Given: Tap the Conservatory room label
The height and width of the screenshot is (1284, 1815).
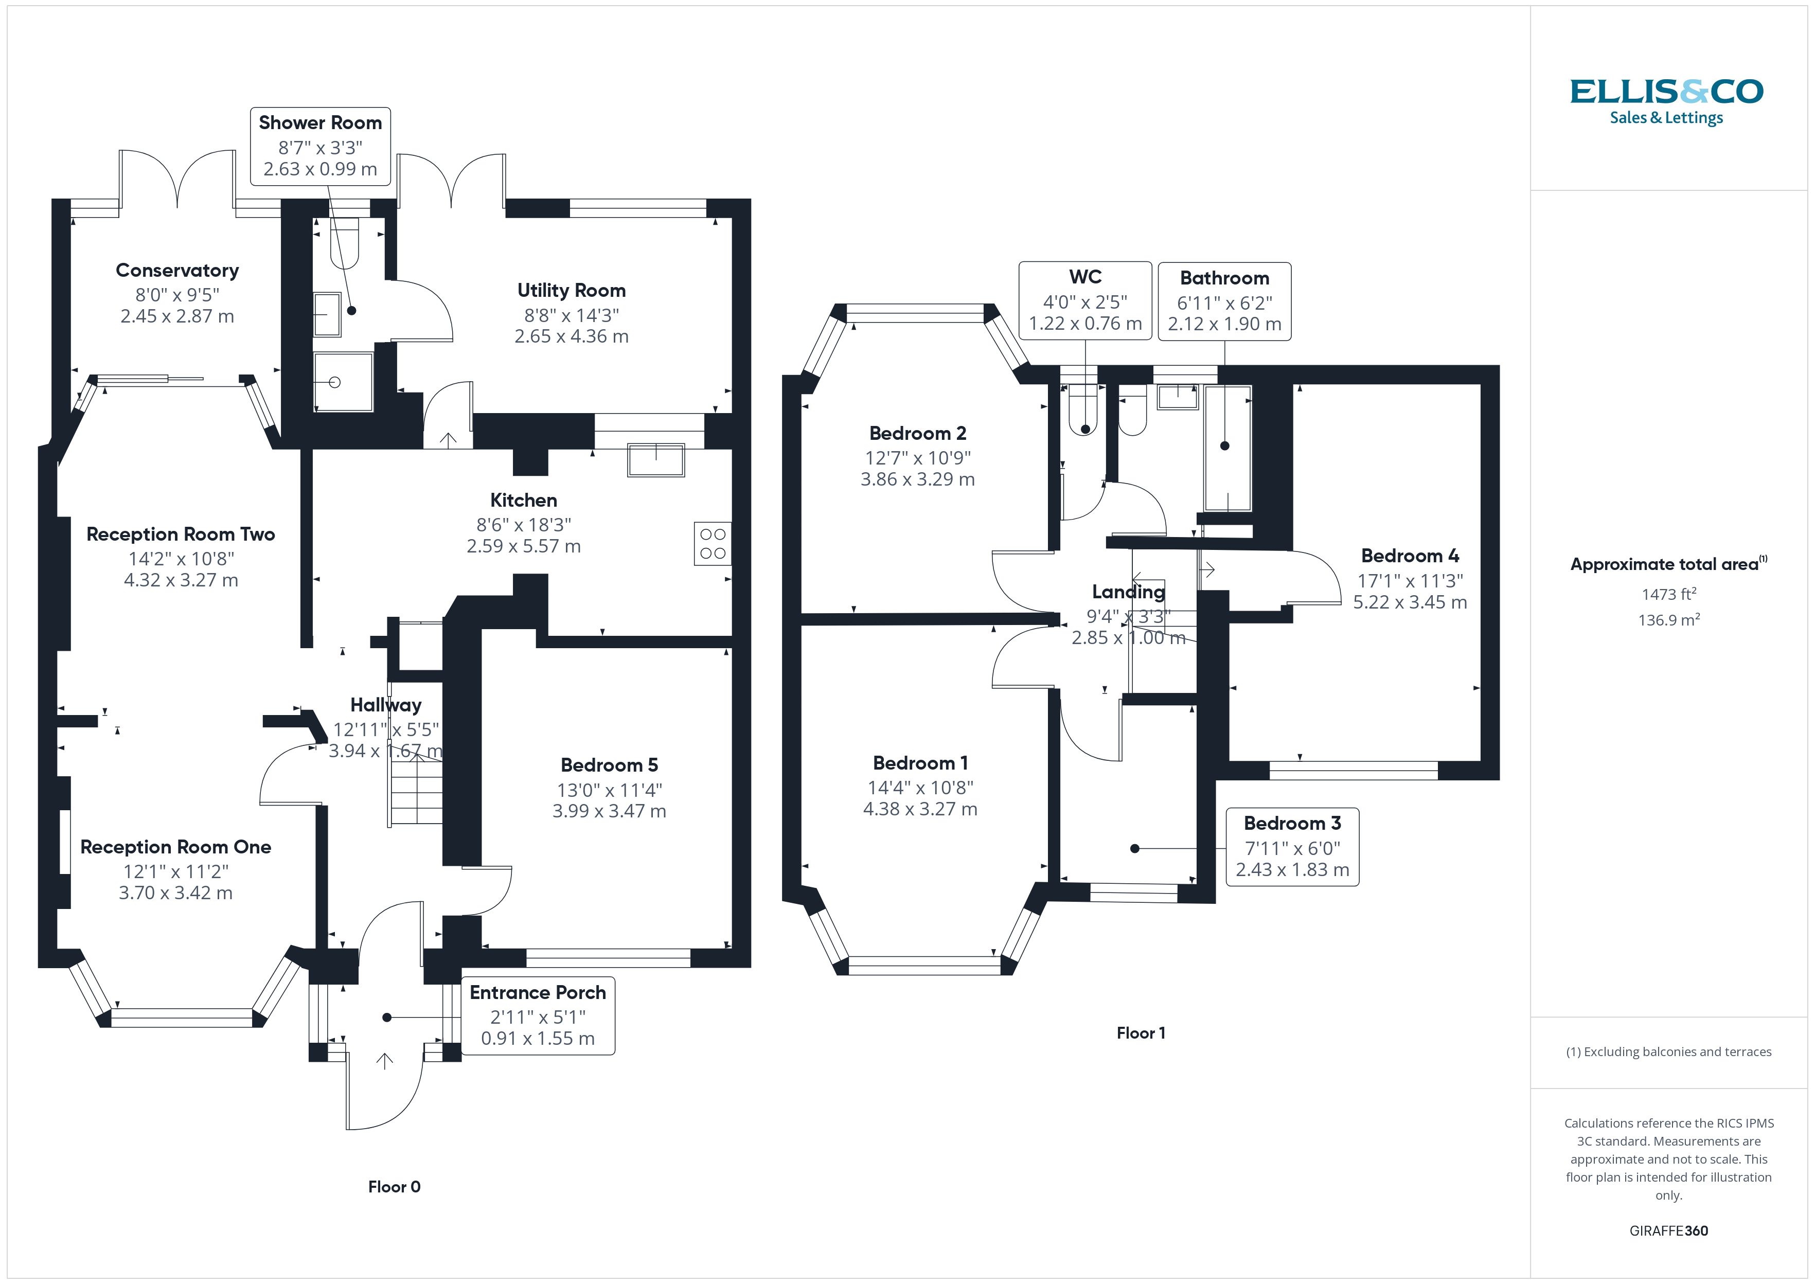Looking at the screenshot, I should click(x=177, y=271).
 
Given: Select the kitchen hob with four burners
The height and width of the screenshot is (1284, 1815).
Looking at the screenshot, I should click(x=712, y=543).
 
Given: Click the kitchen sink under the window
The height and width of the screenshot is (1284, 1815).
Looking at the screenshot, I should click(x=655, y=460).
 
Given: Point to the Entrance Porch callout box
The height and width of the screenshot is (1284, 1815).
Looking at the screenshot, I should click(x=538, y=1016).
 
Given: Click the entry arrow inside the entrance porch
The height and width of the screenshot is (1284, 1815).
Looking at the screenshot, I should click(x=385, y=1061).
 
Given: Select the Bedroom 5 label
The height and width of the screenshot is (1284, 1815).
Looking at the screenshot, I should click(x=609, y=764).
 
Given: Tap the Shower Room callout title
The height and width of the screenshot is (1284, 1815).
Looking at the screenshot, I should click(x=320, y=122).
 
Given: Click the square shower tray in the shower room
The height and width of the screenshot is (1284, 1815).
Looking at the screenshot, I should click(x=343, y=383).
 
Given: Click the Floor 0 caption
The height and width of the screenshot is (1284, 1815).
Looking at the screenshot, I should click(x=394, y=1187).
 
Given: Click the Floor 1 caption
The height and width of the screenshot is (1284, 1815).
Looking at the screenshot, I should click(x=1140, y=1032).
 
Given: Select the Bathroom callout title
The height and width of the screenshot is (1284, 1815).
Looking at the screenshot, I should click(x=1224, y=278).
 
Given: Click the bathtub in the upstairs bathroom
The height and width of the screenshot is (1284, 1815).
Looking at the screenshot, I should click(x=1227, y=448).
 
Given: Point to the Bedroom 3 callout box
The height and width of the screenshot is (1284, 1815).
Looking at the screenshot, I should click(x=1292, y=847).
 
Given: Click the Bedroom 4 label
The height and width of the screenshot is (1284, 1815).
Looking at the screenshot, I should click(x=1410, y=556).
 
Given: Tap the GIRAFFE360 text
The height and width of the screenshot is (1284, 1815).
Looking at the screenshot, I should click(x=1668, y=1231).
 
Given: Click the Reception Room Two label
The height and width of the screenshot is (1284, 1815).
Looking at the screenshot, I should click(x=180, y=534).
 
